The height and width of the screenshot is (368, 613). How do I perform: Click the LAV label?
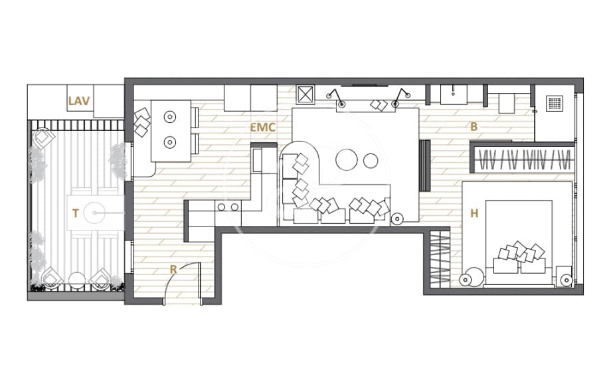click(79, 102)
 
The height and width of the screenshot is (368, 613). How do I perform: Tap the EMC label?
click(262, 126)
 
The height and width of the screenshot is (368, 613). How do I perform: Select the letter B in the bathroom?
click(474, 126)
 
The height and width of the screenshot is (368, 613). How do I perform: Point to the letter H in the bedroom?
click(474, 213)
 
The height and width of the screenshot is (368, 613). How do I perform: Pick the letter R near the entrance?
click(173, 270)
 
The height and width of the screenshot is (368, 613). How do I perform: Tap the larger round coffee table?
click(347, 160)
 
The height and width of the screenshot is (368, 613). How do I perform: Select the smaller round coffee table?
click(371, 160)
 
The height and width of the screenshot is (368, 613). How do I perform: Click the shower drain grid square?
click(554, 103)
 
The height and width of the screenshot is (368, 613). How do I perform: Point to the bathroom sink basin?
click(454, 94)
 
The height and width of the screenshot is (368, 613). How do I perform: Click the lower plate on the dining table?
click(169, 141)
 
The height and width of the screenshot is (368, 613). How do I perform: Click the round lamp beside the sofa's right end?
click(398, 217)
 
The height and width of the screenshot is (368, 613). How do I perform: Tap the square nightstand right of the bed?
click(566, 279)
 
